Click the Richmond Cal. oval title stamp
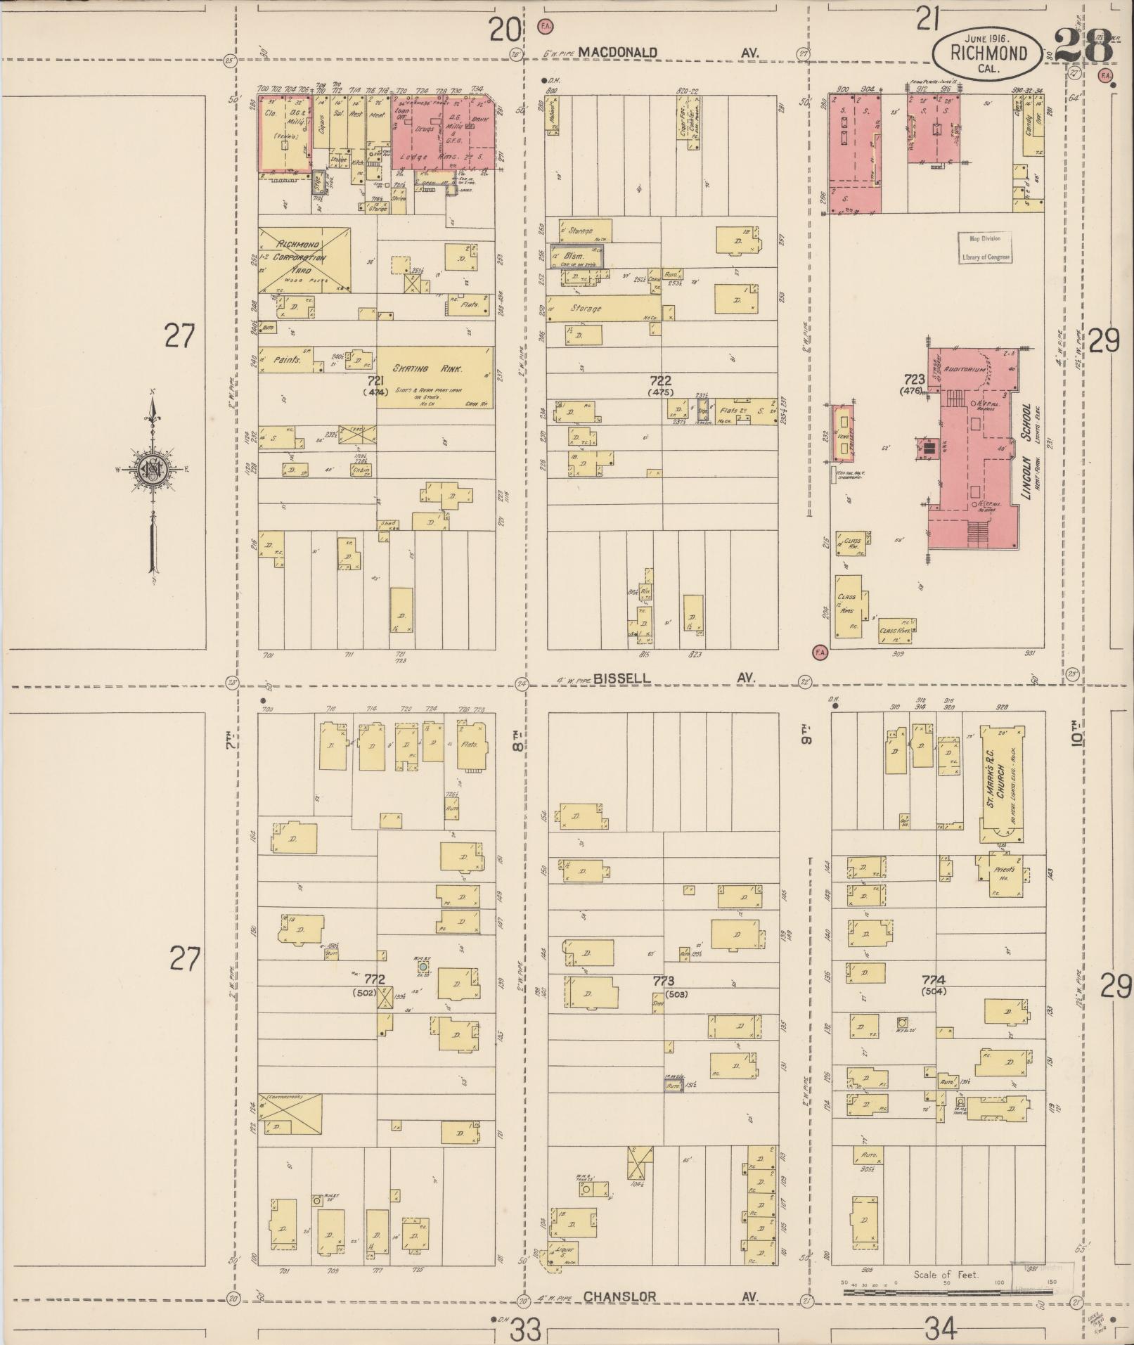pos(988,53)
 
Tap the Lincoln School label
pos(1029,451)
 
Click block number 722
pos(661,380)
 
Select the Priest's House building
pos(1002,874)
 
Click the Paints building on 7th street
pos(287,359)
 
